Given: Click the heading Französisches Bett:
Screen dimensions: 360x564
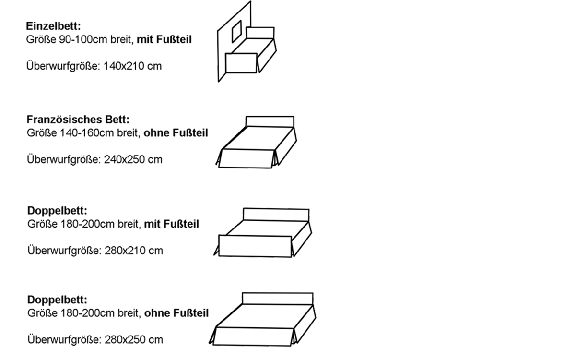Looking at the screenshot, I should tap(78, 120).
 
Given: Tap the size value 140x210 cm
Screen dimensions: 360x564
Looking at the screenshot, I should tap(132, 66).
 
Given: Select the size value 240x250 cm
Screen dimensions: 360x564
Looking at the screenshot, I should tap(133, 159).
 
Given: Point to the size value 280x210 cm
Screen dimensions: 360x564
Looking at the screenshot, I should tap(133, 250).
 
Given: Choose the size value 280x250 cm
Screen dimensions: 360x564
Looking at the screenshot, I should tap(133, 340).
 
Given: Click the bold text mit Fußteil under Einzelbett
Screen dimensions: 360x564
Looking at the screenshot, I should tap(164, 40).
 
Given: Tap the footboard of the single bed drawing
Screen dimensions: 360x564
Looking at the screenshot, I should tap(241, 63).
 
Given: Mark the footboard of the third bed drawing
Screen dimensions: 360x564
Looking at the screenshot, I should tap(255, 246).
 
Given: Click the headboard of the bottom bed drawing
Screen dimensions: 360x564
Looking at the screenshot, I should tap(277, 298).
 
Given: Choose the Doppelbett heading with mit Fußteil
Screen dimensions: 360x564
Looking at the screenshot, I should tap(57, 210).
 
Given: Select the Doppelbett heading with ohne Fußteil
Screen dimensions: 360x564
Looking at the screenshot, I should tap(57, 300).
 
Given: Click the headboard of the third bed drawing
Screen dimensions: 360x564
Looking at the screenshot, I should tap(276, 214).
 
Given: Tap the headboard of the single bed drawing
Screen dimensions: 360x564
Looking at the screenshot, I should tap(260, 33).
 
